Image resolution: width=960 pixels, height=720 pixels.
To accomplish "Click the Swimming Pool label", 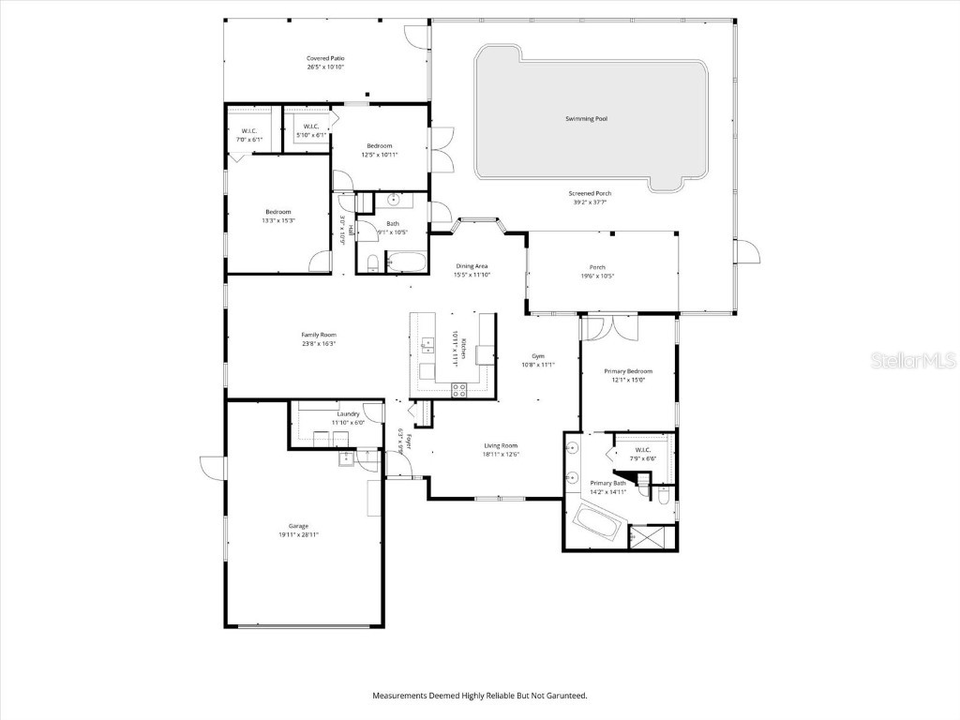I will [586, 119].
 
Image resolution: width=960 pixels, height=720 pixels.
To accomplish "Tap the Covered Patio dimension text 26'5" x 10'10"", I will [325, 67].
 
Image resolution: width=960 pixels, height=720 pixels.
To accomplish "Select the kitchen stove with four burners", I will [459, 391].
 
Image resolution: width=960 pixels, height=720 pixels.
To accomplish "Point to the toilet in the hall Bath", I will [372, 262].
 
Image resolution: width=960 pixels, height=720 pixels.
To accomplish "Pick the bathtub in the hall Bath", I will [407, 262].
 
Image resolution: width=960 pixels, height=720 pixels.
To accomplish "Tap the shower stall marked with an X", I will [651, 537].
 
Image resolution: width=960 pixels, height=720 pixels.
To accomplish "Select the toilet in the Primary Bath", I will [663, 495].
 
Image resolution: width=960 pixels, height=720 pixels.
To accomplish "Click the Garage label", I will [298, 526].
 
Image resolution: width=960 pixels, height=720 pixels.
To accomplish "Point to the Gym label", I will [538, 356].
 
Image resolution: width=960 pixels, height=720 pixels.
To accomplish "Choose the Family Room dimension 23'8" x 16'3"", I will [319, 344].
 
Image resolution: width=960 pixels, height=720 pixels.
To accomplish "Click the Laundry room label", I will [348, 413].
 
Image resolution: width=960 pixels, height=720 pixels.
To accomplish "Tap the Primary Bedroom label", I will [628, 371].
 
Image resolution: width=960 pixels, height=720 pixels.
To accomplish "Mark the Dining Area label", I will [472, 266].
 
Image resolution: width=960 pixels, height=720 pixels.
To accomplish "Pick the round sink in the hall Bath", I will [394, 200].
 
